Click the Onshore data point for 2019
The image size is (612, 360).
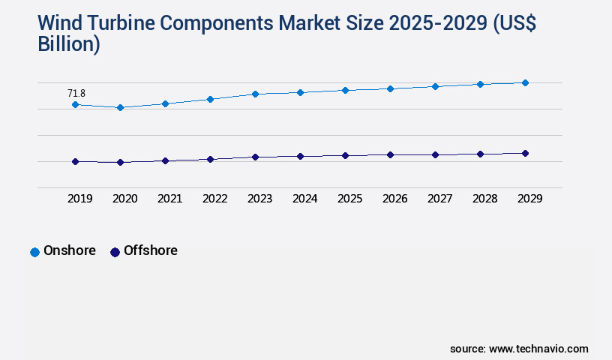pos(75,104)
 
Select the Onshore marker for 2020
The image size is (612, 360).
pos(120,107)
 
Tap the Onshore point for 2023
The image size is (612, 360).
pos(255,94)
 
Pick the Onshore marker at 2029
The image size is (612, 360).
pos(525,82)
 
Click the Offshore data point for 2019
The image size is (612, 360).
pos(75,161)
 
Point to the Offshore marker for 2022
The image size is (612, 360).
pos(210,159)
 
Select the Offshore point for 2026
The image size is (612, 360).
pos(390,154)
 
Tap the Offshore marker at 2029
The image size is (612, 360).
pos(525,153)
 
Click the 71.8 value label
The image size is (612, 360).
pos(76,93)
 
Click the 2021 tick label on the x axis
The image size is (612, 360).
pos(169,199)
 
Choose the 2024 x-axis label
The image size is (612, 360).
pos(304,199)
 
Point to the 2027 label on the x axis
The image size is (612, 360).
pos(439,199)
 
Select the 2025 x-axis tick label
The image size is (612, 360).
pos(349,199)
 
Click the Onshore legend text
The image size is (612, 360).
pos(70,250)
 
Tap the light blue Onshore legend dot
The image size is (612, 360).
pos(34,252)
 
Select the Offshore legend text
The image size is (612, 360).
pos(151,250)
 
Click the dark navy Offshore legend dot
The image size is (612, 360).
pos(115,252)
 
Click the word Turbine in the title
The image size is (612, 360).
pos(131,24)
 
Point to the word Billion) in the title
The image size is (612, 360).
pos(69,43)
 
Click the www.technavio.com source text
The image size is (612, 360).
pos(538,349)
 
